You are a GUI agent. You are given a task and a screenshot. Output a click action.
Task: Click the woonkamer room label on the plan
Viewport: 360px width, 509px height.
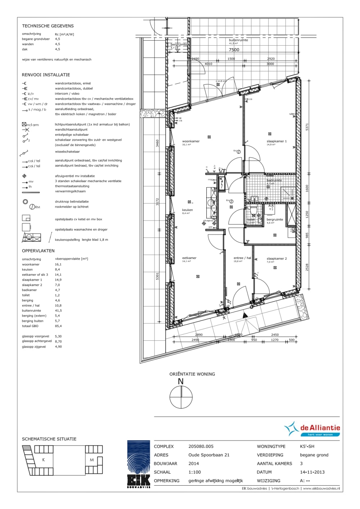(x=191, y=141)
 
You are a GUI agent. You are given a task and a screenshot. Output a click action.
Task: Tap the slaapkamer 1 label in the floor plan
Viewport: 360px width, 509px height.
(x=276, y=141)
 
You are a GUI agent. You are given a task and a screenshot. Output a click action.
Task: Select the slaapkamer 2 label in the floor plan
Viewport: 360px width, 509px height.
(x=276, y=259)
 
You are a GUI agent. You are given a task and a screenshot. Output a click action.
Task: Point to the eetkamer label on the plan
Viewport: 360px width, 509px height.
(x=189, y=258)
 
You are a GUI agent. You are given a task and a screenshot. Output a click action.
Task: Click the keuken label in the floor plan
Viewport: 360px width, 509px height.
(x=188, y=210)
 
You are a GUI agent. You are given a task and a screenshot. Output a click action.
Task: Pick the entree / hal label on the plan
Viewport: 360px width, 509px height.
(x=242, y=258)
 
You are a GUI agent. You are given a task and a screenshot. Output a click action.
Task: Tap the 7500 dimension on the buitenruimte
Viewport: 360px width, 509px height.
(x=234, y=50)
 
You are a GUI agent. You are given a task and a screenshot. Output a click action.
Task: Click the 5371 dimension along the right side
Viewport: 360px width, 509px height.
(x=307, y=127)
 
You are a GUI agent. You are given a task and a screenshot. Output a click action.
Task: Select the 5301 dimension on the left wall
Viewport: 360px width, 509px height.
(x=157, y=276)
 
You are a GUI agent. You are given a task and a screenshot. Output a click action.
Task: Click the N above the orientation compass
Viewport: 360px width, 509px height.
(x=181, y=381)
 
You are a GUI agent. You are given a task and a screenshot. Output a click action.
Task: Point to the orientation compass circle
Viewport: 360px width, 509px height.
(x=181, y=397)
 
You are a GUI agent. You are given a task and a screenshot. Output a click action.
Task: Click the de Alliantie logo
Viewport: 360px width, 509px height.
(x=312, y=429)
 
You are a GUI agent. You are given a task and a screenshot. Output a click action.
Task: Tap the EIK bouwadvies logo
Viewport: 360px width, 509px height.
(x=139, y=464)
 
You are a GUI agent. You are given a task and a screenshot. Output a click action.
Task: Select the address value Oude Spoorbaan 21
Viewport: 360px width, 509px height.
(x=209, y=455)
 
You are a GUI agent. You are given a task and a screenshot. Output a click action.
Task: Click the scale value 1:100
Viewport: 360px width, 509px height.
(x=195, y=472)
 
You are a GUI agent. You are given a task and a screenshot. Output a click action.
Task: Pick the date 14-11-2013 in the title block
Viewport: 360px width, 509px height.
(x=312, y=472)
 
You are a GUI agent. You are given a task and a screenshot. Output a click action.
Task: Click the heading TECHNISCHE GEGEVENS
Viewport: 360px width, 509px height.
(x=48, y=26)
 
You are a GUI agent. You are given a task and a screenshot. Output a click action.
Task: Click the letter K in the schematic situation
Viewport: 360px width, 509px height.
(x=44, y=460)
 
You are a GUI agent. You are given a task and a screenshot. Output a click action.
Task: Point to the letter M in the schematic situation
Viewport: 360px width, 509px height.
(x=92, y=460)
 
